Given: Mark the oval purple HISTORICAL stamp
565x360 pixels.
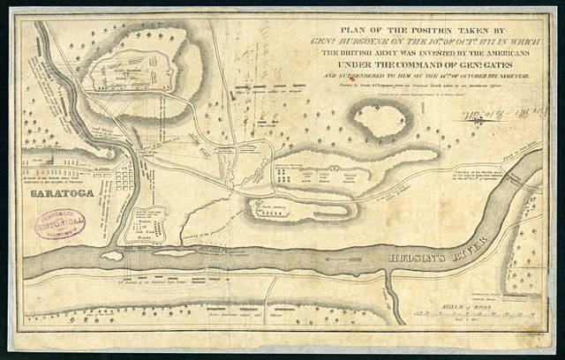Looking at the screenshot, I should pyautogui.click(x=60, y=223).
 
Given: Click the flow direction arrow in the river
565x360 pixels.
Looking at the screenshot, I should pyautogui.click(x=344, y=260).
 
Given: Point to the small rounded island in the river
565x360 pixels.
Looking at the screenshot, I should pyautogui.click(x=111, y=256).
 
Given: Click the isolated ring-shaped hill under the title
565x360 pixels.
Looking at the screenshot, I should pyautogui.click(x=380, y=120).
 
